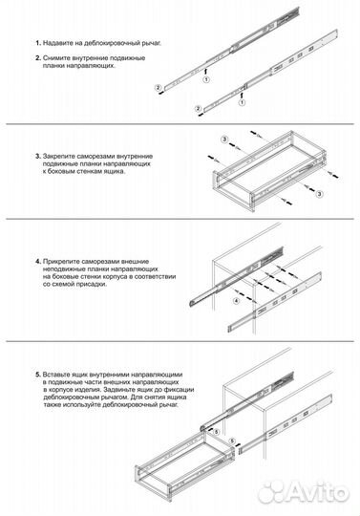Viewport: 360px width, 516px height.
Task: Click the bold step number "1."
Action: [38, 43]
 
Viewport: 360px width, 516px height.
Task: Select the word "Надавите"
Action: [54, 43]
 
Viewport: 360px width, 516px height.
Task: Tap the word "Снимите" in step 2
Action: [53, 58]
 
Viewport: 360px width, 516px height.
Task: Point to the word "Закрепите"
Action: [57, 157]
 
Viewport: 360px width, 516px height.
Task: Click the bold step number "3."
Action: [38, 157]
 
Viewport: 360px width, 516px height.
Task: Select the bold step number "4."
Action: [38, 262]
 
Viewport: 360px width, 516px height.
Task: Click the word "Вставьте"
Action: [54, 375]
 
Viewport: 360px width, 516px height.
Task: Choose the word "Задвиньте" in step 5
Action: [116, 390]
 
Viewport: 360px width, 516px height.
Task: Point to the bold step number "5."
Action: [38, 375]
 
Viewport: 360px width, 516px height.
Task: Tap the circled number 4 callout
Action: [237, 301]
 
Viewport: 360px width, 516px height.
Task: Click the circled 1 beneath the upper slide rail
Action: [206, 79]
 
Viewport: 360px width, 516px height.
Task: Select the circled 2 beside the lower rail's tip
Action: [198, 109]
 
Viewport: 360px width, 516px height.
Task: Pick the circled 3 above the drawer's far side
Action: [224, 140]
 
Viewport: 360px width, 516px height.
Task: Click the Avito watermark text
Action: [319, 492]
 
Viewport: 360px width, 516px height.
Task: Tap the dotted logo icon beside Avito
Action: [273, 492]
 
